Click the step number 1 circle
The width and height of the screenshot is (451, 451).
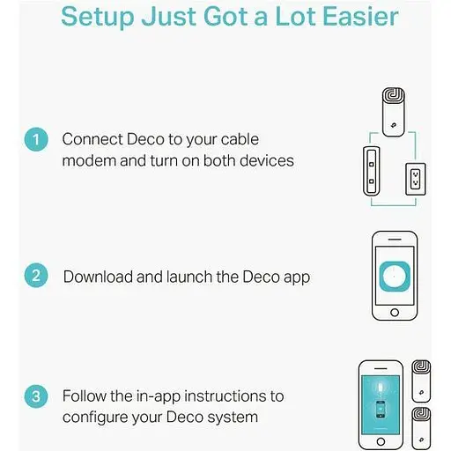pyautogui.click(x=36, y=139)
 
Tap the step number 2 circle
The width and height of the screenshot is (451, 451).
pyautogui.click(x=36, y=275)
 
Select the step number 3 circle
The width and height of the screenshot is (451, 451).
pyautogui.click(x=36, y=396)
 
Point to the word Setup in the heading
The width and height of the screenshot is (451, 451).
pyautogui.click(x=98, y=17)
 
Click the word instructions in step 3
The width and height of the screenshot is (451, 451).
pyautogui.click(x=226, y=396)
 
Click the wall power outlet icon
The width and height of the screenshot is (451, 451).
pyautogui.click(x=416, y=179)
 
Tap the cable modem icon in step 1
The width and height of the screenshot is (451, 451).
pyautogui.click(x=372, y=171)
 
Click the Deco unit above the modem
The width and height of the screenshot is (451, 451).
pyautogui.click(x=394, y=112)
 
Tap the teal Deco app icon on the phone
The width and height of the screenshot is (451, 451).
pyautogui.click(x=395, y=277)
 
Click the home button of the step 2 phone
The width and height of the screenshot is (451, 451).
pyautogui.click(x=395, y=313)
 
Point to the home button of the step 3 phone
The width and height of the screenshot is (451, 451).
pyautogui.click(x=381, y=441)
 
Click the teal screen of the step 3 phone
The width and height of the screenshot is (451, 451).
pyautogui.click(x=381, y=404)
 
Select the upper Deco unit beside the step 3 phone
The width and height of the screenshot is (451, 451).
pyautogui.click(x=421, y=381)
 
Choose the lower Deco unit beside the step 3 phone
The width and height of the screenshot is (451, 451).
pyautogui.click(x=421, y=429)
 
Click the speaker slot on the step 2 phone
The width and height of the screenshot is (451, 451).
pyautogui.click(x=395, y=240)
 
